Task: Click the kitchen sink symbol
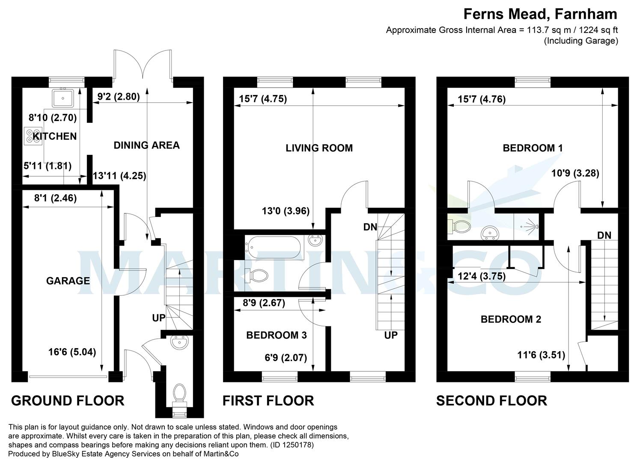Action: coord(63,98)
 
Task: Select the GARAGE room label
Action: coord(68,281)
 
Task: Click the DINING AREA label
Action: coord(146,145)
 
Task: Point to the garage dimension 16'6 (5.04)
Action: coord(72,352)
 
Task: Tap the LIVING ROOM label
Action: coord(319,148)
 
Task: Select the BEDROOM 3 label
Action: coord(276,335)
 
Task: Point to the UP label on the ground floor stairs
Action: coord(159,318)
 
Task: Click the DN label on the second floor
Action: coord(604,235)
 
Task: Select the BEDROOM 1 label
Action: coord(533,148)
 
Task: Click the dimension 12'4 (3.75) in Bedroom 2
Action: coord(482,276)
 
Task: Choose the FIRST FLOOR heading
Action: coord(268,400)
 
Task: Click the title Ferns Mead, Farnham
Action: coord(540,14)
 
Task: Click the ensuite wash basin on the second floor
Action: coord(489,232)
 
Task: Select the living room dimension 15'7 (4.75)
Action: coord(263,99)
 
